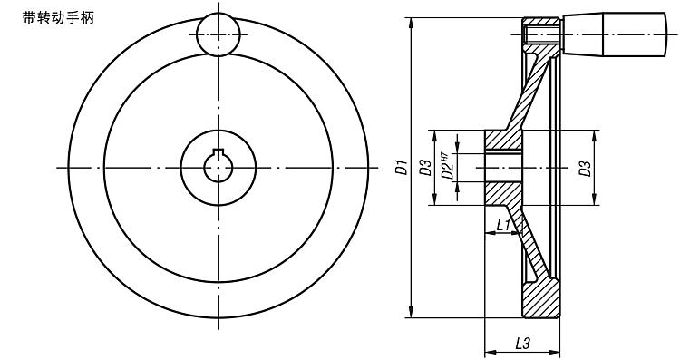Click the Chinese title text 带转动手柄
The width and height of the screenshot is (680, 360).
[x=58, y=18]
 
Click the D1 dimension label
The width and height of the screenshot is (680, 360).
[x=403, y=168]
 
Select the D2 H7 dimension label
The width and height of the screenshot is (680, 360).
[x=448, y=166]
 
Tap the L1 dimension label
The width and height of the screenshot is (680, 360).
[x=503, y=225]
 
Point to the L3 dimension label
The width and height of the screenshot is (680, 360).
[x=522, y=344]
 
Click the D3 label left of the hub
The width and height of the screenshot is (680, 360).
[x=427, y=168]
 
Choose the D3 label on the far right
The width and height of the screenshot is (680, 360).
[x=585, y=169]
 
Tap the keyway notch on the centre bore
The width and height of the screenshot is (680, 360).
[x=219, y=151]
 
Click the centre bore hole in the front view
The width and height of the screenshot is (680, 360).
[x=219, y=168]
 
